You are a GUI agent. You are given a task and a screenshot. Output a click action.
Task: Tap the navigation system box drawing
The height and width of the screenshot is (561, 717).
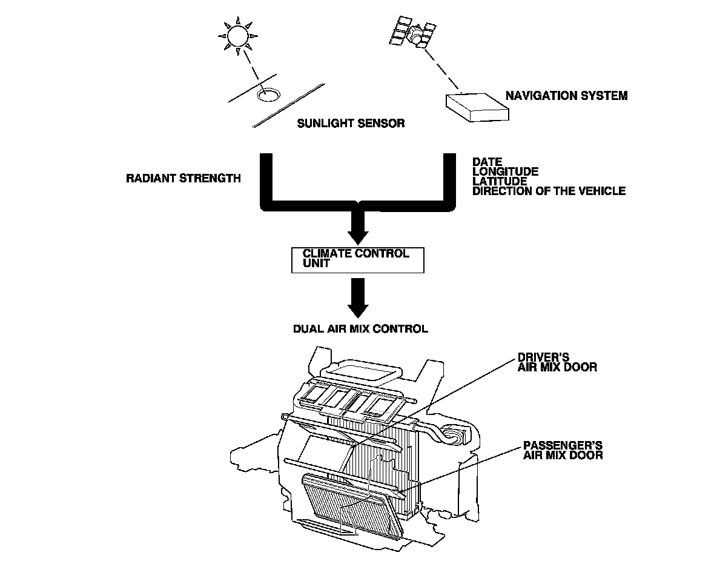477,107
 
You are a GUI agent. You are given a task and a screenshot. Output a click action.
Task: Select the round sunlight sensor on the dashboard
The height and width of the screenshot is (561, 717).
267,95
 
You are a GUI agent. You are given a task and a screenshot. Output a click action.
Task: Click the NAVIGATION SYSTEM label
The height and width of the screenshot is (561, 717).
566,96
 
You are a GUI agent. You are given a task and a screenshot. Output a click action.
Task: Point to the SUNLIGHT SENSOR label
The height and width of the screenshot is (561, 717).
351,124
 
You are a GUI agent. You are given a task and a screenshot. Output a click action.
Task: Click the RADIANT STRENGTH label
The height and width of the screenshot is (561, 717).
183,178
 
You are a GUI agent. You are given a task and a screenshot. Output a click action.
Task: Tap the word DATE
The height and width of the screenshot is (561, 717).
487,162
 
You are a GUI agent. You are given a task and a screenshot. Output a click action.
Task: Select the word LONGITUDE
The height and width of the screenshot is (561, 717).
505,171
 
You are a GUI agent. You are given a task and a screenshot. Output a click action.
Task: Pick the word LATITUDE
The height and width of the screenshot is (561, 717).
500,181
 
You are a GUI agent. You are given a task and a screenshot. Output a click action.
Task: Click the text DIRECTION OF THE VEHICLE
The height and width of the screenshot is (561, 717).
549,191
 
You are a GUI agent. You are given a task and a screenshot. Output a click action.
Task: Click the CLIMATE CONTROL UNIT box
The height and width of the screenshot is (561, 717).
357,259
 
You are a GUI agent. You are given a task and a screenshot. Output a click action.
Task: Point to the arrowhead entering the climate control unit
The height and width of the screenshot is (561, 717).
358,233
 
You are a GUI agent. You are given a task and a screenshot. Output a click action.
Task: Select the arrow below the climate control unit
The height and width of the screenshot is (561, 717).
358,296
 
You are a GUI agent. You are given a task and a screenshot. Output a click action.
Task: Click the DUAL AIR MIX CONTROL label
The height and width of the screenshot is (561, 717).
360,329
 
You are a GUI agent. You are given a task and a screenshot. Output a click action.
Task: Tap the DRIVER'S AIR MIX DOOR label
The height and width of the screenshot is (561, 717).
557,362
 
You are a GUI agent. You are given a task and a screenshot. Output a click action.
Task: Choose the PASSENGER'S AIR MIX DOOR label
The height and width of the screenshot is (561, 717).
563,450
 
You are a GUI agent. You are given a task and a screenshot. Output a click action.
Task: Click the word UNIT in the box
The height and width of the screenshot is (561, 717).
316,264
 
